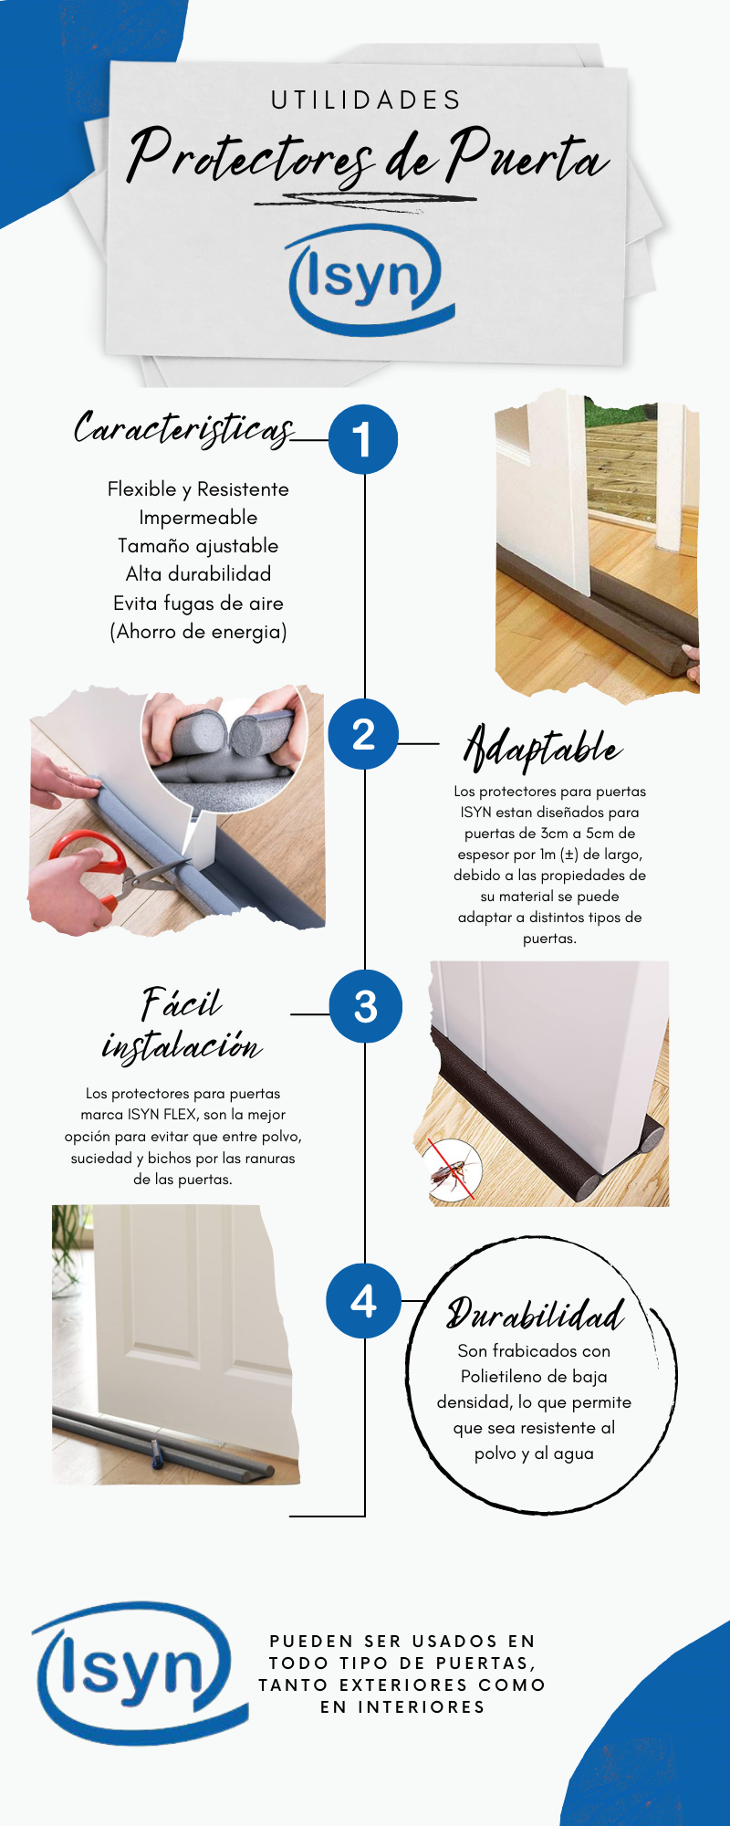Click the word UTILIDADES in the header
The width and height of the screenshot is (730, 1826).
[x=366, y=100]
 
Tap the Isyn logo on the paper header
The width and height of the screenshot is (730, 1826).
[x=370, y=279]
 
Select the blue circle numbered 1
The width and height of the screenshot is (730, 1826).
[x=363, y=439]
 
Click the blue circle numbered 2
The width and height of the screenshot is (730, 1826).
[x=363, y=734]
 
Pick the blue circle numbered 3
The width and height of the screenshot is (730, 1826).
[x=365, y=1006]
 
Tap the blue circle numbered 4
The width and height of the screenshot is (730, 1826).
[x=363, y=1301]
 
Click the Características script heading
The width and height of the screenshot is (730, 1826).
[x=184, y=428]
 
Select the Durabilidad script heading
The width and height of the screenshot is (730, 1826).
[x=536, y=1314]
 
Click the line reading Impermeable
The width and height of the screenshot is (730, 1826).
[x=198, y=518]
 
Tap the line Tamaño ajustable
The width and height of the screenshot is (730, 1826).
[x=198, y=546]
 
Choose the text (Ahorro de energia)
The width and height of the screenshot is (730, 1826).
[x=198, y=632]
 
